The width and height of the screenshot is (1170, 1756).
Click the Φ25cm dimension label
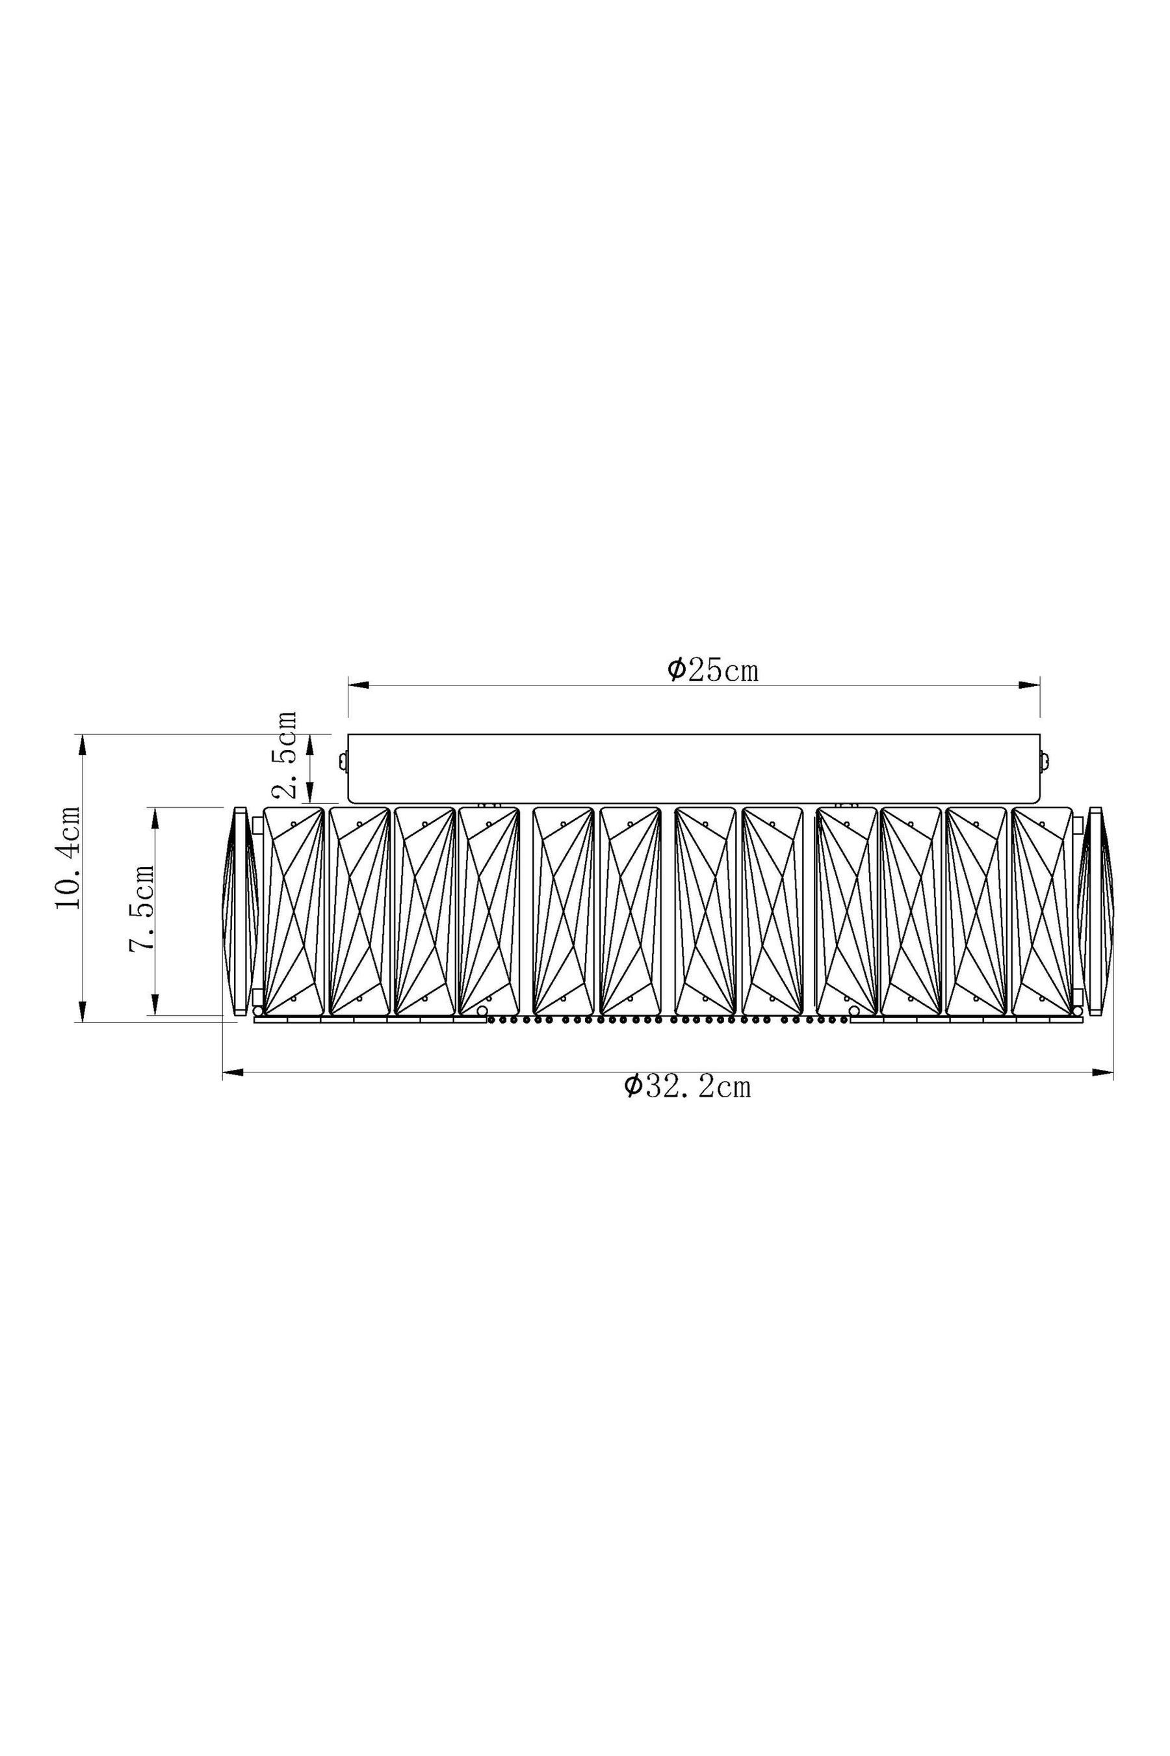pyautogui.click(x=712, y=671)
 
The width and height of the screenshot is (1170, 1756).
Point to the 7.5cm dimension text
pyautogui.click(x=142, y=907)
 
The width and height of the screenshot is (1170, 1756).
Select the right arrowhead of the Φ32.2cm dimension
pyautogui.click(x=1103, y=1073)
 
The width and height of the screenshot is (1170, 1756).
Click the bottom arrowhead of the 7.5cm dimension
pyautogui.click(x=155, y=1004)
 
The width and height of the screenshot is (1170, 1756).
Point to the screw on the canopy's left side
pyautogui.click(x=343, y=762)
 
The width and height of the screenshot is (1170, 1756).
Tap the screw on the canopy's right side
pyautogui.click(x=1045, y=762)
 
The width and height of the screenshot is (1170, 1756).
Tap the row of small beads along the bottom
pyautogui.click(x=667, y=1019)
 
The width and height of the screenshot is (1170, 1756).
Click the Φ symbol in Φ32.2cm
pyautogui.click(x=632, y=1085)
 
